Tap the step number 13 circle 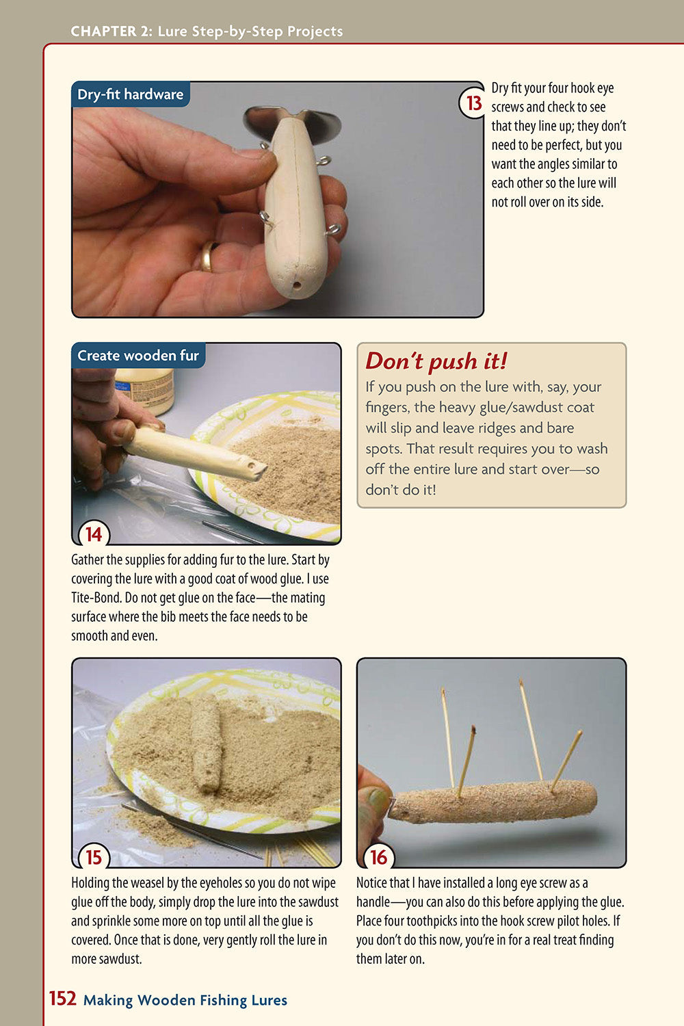pos(473,103)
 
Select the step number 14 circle pos(94,534)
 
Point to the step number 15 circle pos(94,857)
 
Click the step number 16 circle pos(378,857)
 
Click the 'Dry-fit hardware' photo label pos(130,94)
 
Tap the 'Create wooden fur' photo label pos(137,356)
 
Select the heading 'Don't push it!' pos(436,361)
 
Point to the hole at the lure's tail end pos(296,282)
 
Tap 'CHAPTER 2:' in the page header pos(112,31)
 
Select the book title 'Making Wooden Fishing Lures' pos(185,1000)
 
